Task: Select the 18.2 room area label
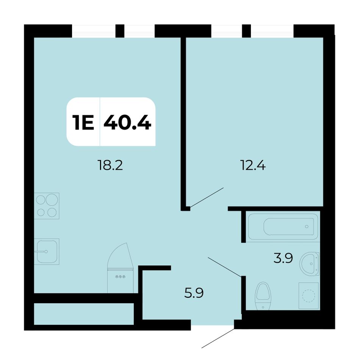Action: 110,165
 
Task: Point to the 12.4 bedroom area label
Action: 253,165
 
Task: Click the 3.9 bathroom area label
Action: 283,258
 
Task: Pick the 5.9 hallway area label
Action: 194,293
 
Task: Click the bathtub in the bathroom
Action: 283,227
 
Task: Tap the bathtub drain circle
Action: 307,227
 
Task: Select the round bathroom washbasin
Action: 309,264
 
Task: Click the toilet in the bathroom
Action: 263,296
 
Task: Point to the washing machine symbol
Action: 308,296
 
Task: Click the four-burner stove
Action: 47,206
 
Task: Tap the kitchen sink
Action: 47,252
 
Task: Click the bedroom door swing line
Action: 207,198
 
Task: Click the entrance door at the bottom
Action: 218,338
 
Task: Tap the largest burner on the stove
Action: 52,199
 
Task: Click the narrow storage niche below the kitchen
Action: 84,314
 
